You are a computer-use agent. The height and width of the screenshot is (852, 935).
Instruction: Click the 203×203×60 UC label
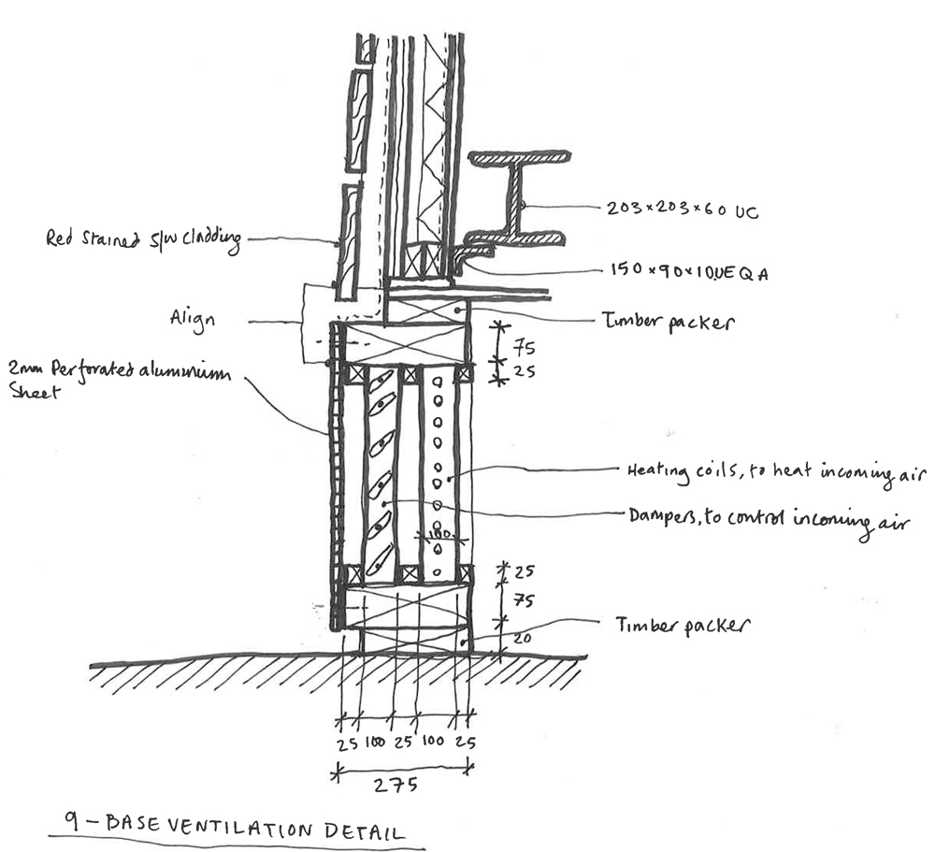679,212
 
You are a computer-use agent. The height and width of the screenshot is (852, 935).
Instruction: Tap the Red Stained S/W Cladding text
143,239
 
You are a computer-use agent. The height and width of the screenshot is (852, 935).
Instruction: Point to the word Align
193,319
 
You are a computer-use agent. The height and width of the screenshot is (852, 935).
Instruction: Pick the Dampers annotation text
775,514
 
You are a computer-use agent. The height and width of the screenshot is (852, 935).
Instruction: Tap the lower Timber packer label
683,624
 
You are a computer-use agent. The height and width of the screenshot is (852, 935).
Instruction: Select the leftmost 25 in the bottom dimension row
347,744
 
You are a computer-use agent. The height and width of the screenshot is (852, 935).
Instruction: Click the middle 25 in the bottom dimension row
405,744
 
